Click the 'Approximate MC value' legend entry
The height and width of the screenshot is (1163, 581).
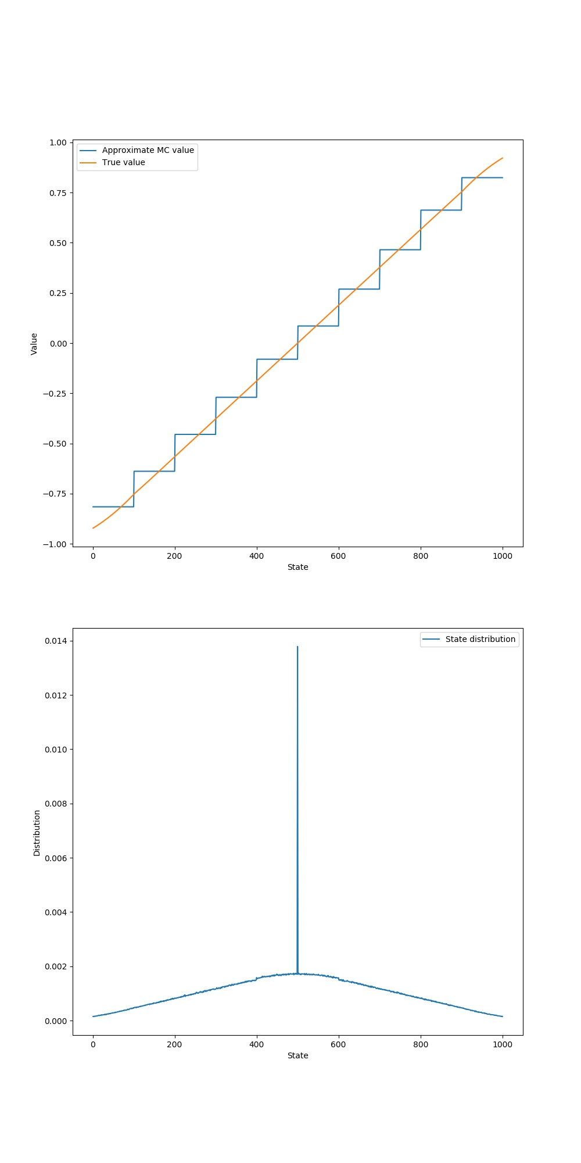pyautogui.click(x=148, y=150)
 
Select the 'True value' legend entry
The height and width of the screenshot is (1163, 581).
pyautogui.click(x=123, y=162)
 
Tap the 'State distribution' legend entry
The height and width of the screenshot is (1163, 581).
pyautogui.click(x=480, y=639)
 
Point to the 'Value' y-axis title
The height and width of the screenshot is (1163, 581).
pyautogui.click(x=34, y=344)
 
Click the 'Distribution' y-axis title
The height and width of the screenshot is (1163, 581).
pyautogui.click(x=37, y=833)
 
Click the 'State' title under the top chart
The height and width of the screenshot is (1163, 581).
pyautogui.click(x=297, y=567)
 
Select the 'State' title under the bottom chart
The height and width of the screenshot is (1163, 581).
pyautogui.click(x=297, y=1055)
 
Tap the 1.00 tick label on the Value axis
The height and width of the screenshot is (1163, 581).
pyautogui.click(x=58, y=142)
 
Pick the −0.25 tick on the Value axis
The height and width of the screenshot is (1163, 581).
pyautogui.click(x=56, y=394)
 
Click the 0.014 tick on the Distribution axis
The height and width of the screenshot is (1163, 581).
pyautogui.click(x=56, y=641)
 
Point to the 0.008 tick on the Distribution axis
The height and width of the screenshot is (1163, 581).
pyautogui.click(x=56, y=804)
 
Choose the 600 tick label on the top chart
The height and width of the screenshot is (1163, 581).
pyautogui.click(x=338, y=556)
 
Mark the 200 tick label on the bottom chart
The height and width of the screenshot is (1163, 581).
pyautogui.click(x=174, y=1044)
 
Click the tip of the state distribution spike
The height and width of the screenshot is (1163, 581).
pyautogui.click(x=297, y=647)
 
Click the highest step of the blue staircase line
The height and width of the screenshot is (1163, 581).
pyautogui.click(x=482, y=177)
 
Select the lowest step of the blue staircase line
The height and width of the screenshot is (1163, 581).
pyautogui.click(x=113, y=506)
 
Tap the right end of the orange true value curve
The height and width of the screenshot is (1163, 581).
pyautogui.click(x=503, y=158)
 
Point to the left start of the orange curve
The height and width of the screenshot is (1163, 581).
pyautogui.click(x=93, y=528)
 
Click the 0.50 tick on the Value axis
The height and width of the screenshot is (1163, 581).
pyautogui.click(x=58, y=243)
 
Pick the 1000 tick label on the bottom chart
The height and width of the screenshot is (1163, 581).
pyautogui.click(x=503, y=1044)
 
